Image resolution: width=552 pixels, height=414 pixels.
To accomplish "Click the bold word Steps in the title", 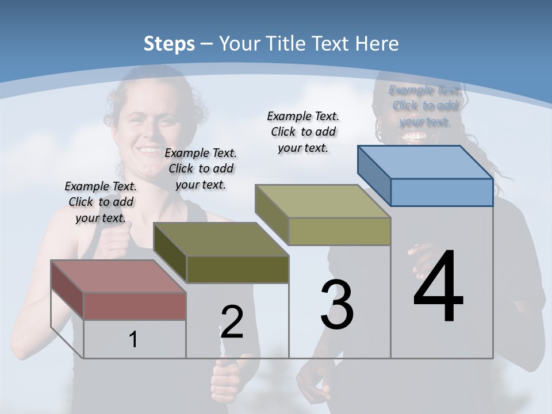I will pyautogui.click(x=169, y=44).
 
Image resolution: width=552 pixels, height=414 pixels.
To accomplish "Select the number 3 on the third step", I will pyautogui.click(x=337, y=305).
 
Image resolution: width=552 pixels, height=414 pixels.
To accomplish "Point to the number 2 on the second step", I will pyautogui.click(x=232, y=322).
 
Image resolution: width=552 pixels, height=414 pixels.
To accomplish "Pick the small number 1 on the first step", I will pyautogui.click(x=133, y=339).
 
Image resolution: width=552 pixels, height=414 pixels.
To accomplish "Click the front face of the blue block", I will pyautogui.click(x=442, y=192).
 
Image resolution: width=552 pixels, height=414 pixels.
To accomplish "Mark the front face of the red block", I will pyautogui.click(x=135, y=306).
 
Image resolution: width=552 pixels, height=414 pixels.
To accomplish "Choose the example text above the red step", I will pyautogui.click(x=101, y=202).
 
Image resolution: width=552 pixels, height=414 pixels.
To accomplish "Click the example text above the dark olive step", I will pyautogui.click(x=201, y=168).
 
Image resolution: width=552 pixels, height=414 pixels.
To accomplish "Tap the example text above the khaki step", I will pyautogui.click(x=303, y=132).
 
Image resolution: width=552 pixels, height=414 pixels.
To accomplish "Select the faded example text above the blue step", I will pyautogui.click(x=424, y=106).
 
